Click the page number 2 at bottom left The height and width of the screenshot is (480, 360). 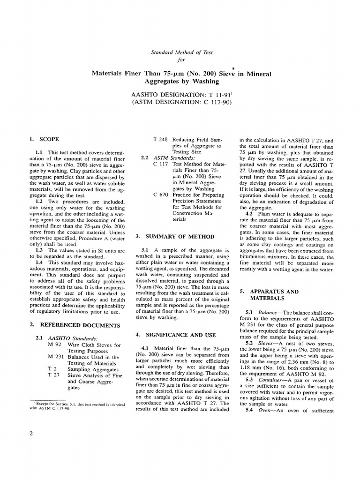[x=31, y=433]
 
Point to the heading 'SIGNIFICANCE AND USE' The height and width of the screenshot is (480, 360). [x=177, y=335]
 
